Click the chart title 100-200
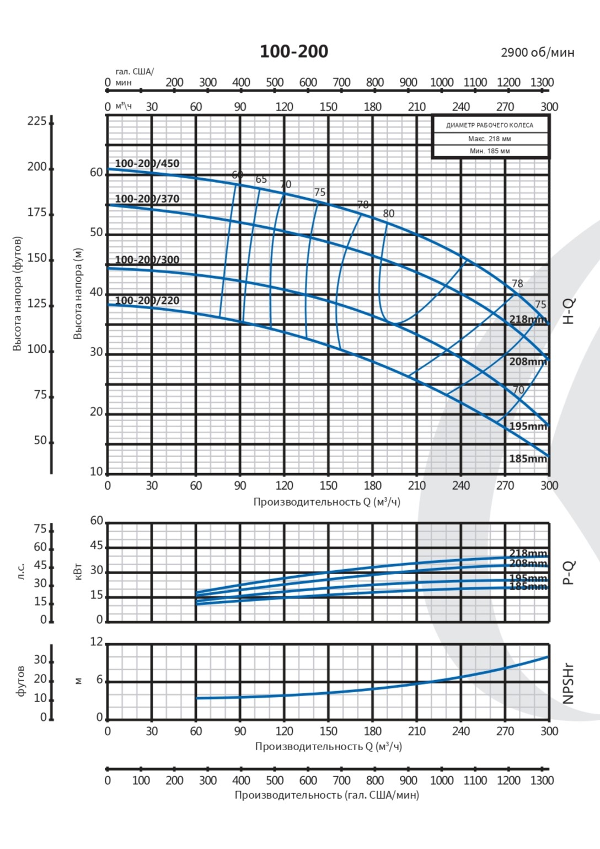pyautogui.click(x=294, y=51)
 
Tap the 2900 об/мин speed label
pyautogui.click(x=537, y=52)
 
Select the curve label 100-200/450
pyautogui.click(x=147, y=163)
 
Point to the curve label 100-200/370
pyautogui.click(x=147, y=199)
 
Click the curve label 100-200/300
pyautogui.click(x=147, y=259)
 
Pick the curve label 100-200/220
pyautogui.click(x=147, y=300)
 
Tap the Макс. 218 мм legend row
pyautogui.click(x=490, y=139)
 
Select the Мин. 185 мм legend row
pyautogui.click(x=490, y=151)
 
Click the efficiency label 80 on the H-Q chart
pyautogui.click(x=388, y=214)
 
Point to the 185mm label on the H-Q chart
pyautogui.click(x=528, y=458)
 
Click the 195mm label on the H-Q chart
pyautogui.click(x=528, y=426)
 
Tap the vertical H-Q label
pyautogui.click(x=569, y=310)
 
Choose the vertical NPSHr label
pyautogui.click(x=569, y=683)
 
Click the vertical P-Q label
pyautogui.click(x=569, y=572)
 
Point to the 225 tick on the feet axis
pyautogui.click(x=37, y=121)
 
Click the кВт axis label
pyautogui.click(x=78, y=571)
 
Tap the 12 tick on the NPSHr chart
pyautogui.click(x=97, y=641)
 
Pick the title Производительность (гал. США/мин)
pyautogui.click(x=327, y=795)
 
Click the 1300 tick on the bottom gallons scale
pyautogui.click(x=542, y=781)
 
